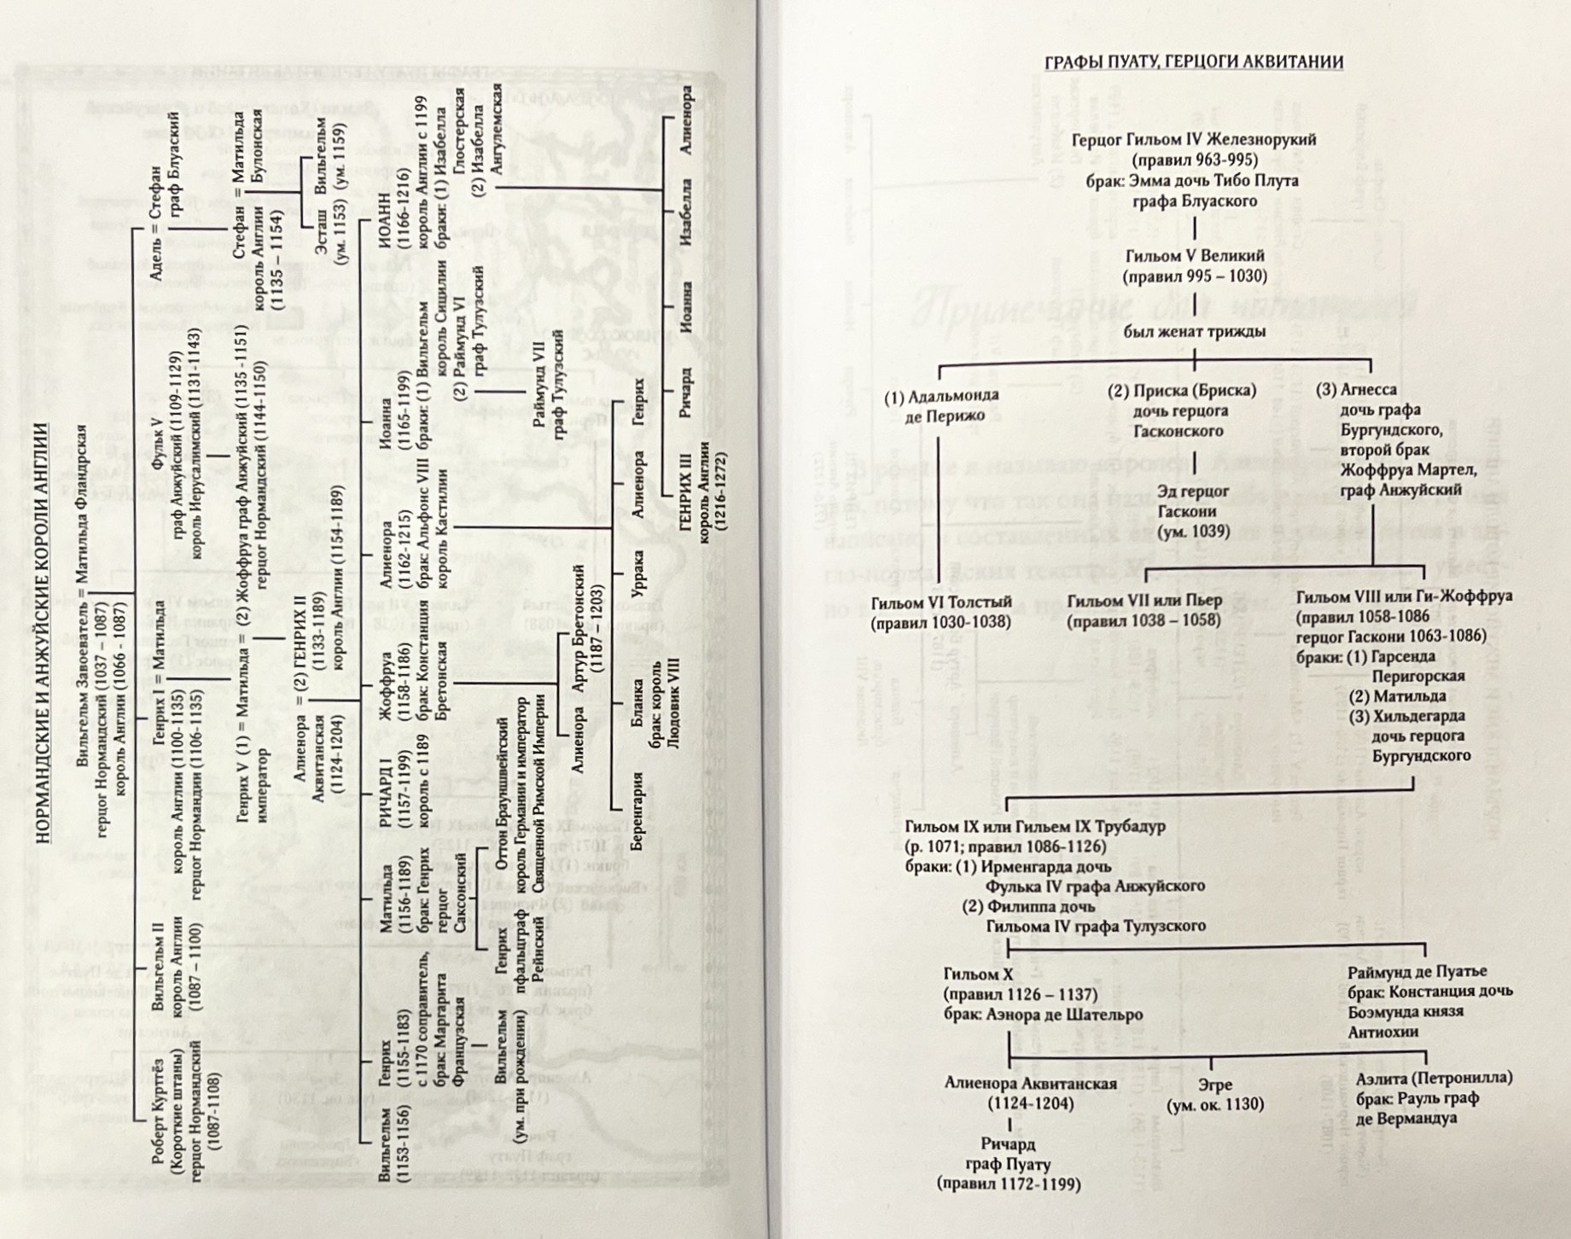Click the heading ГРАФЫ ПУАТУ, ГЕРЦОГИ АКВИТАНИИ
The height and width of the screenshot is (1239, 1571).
[1196, 62]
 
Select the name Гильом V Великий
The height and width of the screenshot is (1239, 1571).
[1195, 256]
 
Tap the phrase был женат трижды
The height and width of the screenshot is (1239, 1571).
[1195, 332]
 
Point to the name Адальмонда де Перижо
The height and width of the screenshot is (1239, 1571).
[941, 406]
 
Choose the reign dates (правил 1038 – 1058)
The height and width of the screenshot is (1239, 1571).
[1144, 621]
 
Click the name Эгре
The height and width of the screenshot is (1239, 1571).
[1214, 1085]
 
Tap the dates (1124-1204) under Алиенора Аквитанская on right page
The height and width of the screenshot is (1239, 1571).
[1031, 1103]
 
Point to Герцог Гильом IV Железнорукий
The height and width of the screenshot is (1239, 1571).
[1195, 140]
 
